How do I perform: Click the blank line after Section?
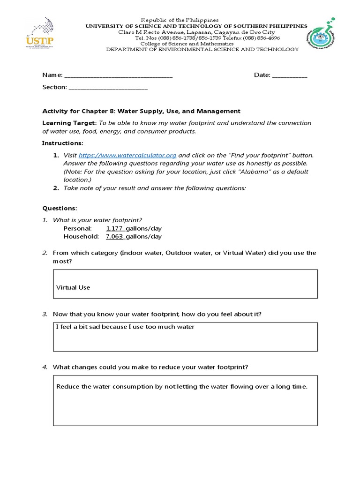[x=108, y=87]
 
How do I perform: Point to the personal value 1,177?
[x=114, y=228]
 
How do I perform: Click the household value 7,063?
[x=114, y=237]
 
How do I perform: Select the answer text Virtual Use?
[x=73, y=287]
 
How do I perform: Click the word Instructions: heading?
[x=62, y=143]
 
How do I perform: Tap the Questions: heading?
[x=60, y=208]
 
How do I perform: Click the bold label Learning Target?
[x=69, y=123]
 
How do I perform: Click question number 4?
[x=45, y=367]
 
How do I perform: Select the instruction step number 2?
[x=56, y=188]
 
